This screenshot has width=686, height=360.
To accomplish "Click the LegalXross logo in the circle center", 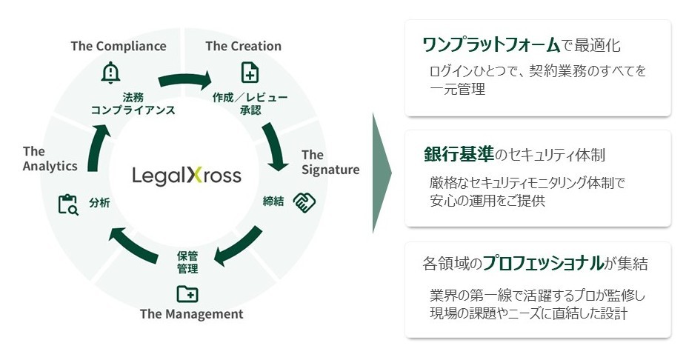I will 187,176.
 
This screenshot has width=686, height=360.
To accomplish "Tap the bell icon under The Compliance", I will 110,73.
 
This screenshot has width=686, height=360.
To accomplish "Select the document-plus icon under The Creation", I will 250,73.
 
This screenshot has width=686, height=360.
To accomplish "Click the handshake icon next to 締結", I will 304,201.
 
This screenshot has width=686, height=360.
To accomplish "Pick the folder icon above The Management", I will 187,294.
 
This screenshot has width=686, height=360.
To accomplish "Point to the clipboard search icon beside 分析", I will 68,204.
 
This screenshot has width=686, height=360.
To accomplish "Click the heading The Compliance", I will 119,46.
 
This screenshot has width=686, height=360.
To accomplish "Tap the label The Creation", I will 243,46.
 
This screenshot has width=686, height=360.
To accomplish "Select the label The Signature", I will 330,162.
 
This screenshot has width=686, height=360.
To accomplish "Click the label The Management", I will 191,314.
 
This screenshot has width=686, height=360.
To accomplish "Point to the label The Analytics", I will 50,159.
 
